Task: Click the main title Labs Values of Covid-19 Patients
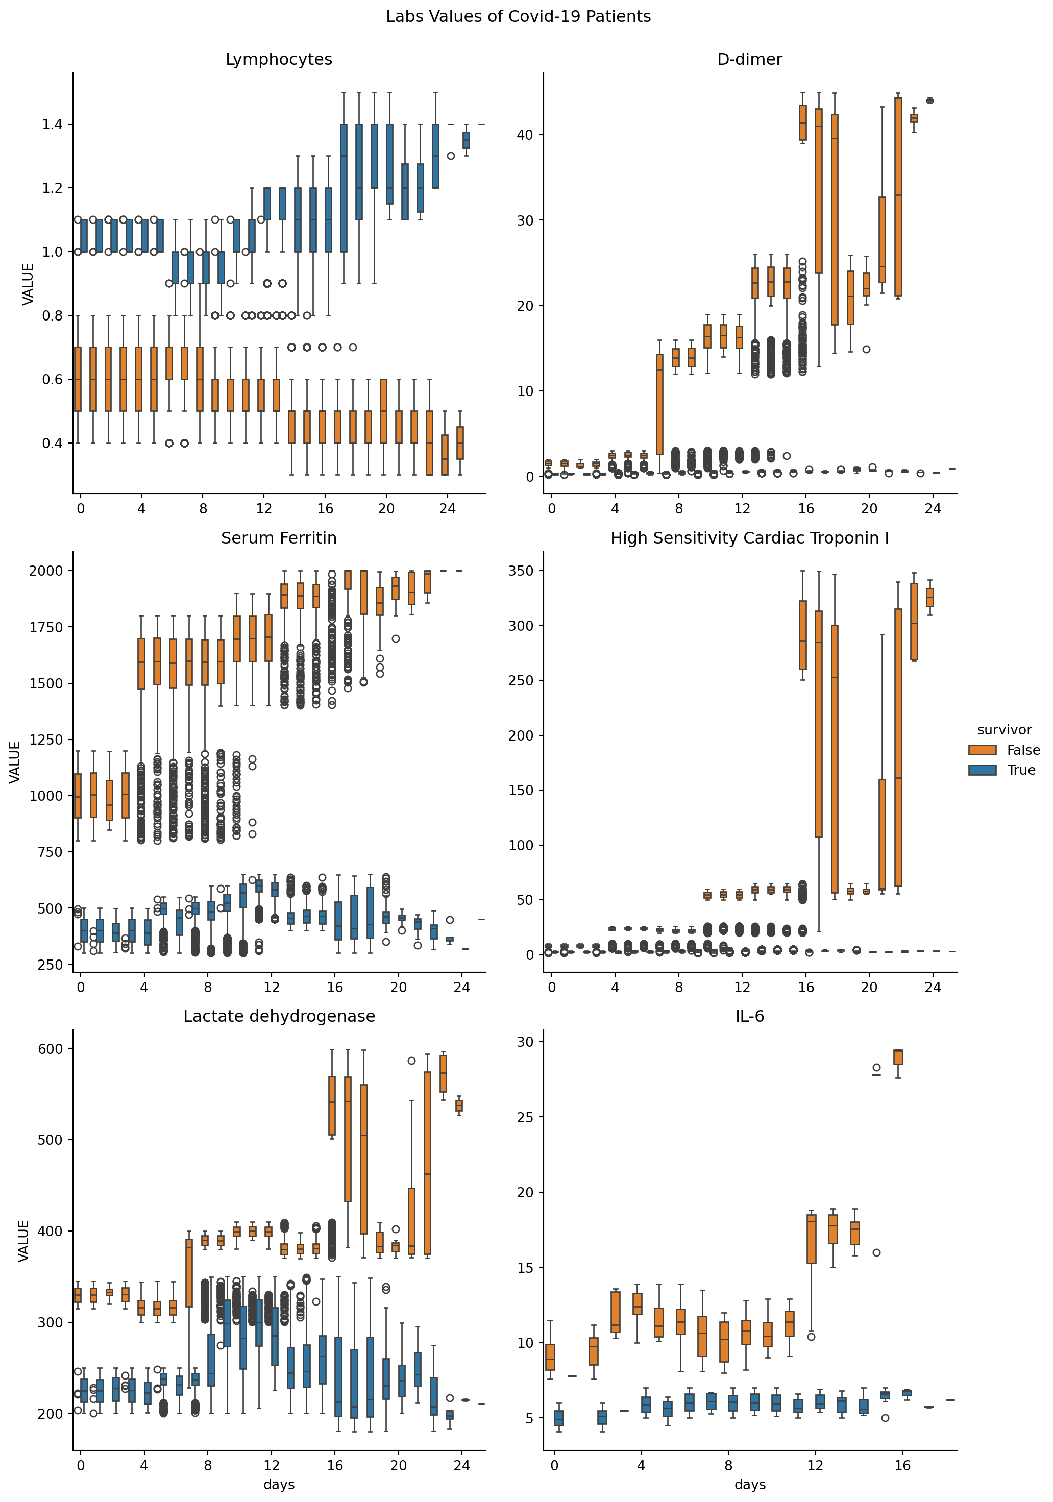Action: click(518, 17)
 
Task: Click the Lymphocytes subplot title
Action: click(279, 60)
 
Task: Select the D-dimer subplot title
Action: click(749, 60)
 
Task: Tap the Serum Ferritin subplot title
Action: click(279, 538)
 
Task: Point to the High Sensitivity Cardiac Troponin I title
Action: click(749, 538)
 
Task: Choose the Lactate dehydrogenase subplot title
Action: click(279, 1017)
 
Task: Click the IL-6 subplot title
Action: click(749, 1017)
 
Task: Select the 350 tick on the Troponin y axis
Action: click(521, 571)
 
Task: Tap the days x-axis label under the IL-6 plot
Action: click(749, 1485)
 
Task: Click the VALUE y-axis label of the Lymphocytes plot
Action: click(28, 284)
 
